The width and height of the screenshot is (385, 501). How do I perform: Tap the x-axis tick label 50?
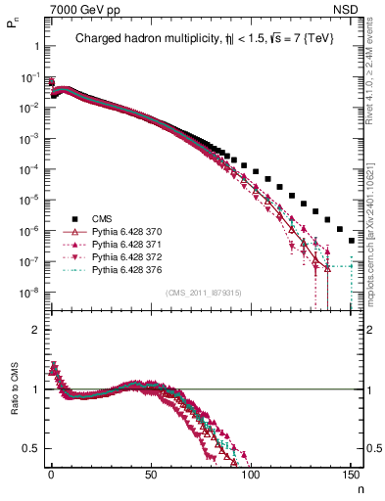point(151,474)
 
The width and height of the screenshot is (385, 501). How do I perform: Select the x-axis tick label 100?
point(251,474)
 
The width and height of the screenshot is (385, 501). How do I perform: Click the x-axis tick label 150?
point(351,474)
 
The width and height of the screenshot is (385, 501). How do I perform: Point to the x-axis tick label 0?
point(51,474)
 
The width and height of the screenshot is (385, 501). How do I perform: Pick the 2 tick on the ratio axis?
point(35,330)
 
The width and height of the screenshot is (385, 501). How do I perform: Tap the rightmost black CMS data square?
point(351,240)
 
